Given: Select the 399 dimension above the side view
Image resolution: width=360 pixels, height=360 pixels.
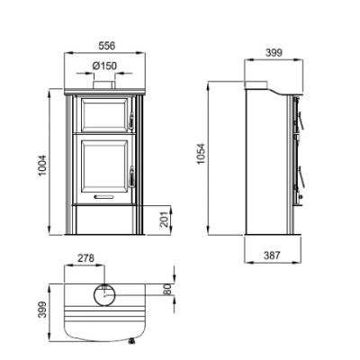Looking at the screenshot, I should pos(273,52).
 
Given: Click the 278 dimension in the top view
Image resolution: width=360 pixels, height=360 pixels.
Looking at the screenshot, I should pos(88,259).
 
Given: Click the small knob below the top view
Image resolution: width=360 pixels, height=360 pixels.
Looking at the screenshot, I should pos(132,340).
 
